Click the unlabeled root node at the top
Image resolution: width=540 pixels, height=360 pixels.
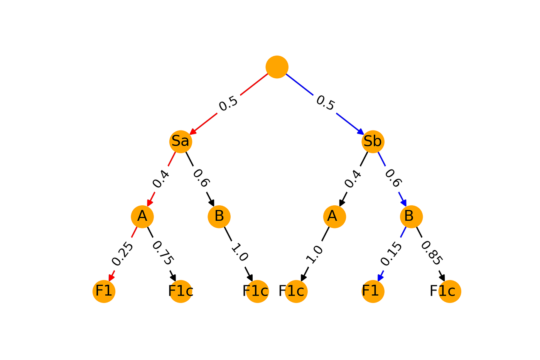pyautogui.click(x=277, y=67)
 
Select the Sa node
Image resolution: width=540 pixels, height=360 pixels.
pyautogui.click(x=181, y=142)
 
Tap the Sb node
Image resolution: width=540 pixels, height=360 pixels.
pyautogui.click(x=373, y=142)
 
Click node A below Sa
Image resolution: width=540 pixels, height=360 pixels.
pyautogui.click(x=142, y=216)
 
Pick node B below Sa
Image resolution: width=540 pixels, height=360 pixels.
pyautogui.click(x=219, y=216)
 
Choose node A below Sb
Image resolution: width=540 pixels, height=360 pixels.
pyautogui.click(x=335, y=216)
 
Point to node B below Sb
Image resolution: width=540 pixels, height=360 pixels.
pyautogui.click(x=411, y=216)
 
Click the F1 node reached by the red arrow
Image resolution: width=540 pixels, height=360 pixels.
pyautogui.click(x=104, y=291)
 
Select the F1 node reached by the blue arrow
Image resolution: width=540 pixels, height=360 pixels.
pyautogui.click(x=373, y=291)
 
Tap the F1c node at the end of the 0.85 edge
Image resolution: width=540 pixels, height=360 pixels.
pyautogui.click(x=450, y=291)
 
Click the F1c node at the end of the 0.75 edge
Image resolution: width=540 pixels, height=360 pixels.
pyautogui.click(x=181, y=291)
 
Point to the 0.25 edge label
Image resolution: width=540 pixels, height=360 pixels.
pyautogui.click(x=122, y=254)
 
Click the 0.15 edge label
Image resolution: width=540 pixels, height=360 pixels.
pyautogui.click(x=391, y=254)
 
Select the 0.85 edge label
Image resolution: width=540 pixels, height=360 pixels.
pyautogui.click(x=432, y=253)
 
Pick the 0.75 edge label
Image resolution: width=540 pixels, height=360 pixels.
pyautogui.click(x=163, y=253)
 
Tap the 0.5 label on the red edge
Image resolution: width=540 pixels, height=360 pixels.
pyautogui.click(x=228, y=103)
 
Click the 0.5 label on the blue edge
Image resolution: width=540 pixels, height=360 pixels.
pyautogui.click(x=326, y=103)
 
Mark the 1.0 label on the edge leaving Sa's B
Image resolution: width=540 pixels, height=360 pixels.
pyautogui.click(x=240, y=252)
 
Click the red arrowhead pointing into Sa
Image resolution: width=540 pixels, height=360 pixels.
pyautogui.click(x=193, y=132)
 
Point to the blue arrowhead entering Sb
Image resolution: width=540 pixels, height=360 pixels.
pyautogui.click(x=361, y=132)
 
